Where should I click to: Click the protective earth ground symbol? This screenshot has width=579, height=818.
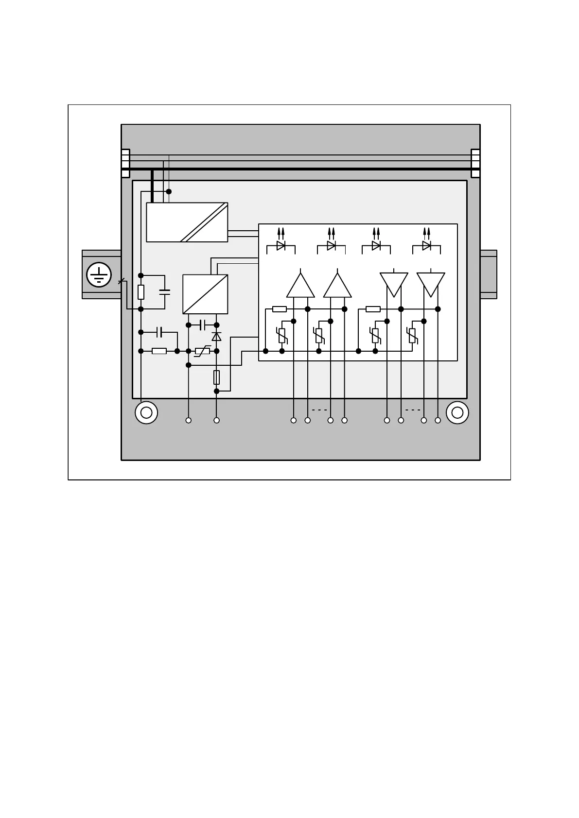(x=99, y=275)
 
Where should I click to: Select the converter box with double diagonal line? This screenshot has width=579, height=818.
(x=187, y=222)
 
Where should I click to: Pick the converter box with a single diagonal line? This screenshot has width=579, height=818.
(x=205, y=294)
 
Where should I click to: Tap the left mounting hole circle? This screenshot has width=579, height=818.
(x=146, y=413)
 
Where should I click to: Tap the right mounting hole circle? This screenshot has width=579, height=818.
(x=457, y=413)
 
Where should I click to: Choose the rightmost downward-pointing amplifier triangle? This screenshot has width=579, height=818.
(x=431, y=283)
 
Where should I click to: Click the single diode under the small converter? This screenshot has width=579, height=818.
(x=217, y=337)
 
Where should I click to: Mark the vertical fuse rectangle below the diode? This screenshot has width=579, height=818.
(x=217, y=377)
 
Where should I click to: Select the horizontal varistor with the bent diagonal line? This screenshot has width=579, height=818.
(x=202, y=351)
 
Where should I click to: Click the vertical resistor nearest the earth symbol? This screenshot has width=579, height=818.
(x=141, y=292)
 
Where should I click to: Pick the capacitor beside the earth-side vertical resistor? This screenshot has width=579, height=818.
(x=165, y=292)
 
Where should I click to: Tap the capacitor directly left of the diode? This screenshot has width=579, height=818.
(x=203, y=325)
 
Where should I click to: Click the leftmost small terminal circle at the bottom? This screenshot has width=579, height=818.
(x=189, y=420)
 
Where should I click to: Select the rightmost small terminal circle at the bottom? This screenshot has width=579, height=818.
(x=438, y=420)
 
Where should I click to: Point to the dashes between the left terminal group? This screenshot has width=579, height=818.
(x=319, y=410)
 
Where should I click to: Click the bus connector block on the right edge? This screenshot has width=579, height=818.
(x=475, y=164)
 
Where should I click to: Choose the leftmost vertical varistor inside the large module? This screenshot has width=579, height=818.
(x=282, y=335)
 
